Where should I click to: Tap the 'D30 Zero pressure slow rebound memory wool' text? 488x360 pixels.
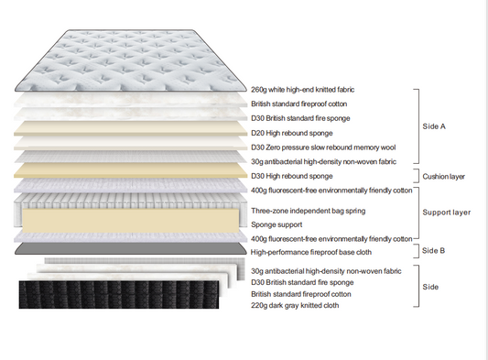coord(322,147)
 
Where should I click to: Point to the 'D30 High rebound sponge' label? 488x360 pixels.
coord(292,176)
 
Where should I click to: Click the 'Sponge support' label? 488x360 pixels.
coord(277,224)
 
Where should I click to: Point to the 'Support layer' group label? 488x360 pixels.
coord(446,213)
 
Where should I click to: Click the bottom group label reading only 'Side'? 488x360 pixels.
coord(430,287)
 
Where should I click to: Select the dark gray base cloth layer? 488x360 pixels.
coord(128,249)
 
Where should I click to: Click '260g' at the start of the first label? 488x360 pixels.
coord(261,90)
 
